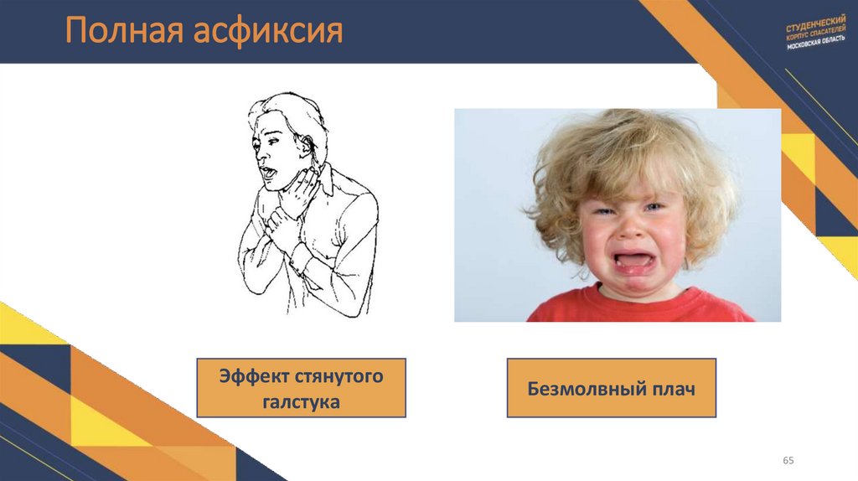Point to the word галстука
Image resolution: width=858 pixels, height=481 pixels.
click(x=301, y=402)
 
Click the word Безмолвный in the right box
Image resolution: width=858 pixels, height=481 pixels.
click(x=583, y=389)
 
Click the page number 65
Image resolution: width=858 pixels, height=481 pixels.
click(x=788, y=461)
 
